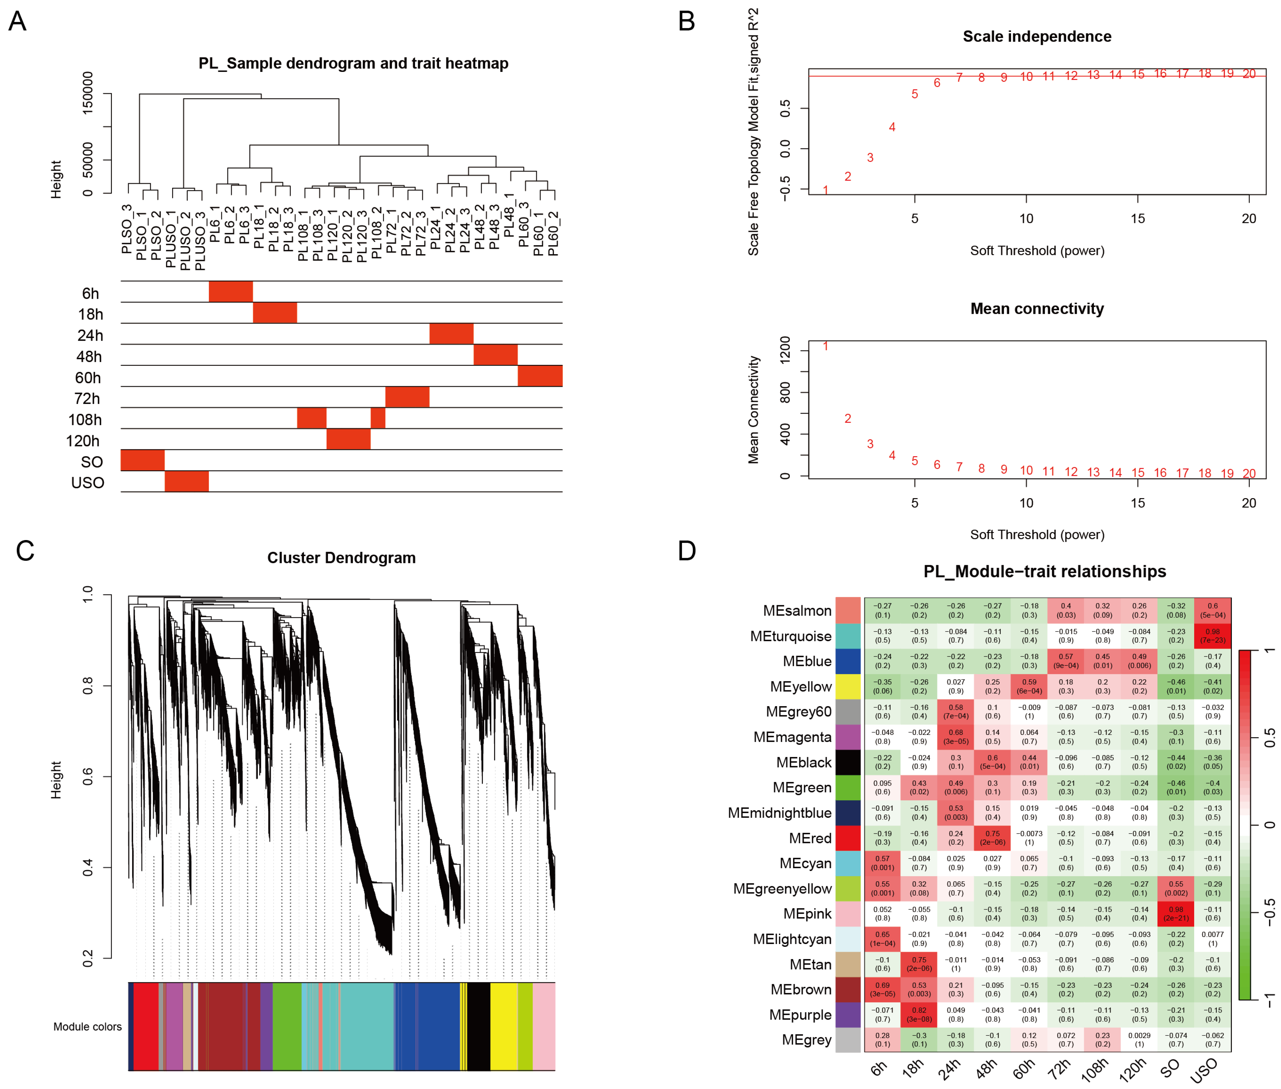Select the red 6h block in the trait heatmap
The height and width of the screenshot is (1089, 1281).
(x=230, y=291)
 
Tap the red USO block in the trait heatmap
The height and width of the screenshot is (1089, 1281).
(x=186, y=482)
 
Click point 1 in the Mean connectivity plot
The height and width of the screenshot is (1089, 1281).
(x=825, y=346)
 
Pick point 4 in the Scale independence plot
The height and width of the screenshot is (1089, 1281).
(x=892, y=127)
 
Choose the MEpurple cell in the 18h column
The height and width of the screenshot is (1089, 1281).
(x=919, y=1014)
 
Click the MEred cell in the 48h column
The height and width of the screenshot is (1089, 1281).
(x=992, y=838)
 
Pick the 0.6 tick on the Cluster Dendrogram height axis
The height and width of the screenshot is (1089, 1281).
(x=88, y=777)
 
